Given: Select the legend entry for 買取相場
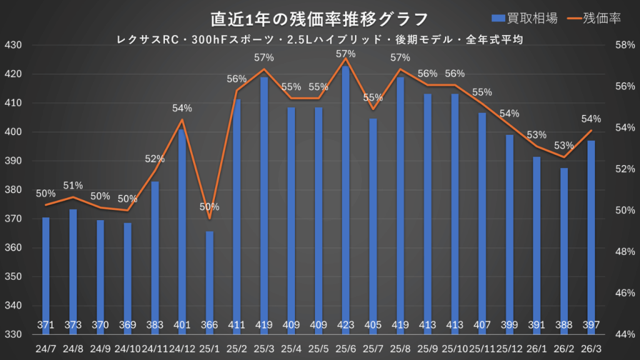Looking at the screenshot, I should tap(524, 18).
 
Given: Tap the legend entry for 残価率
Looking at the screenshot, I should tap(593, 18).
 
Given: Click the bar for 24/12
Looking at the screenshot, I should tap(182, 225).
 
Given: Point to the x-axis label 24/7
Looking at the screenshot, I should tap(46, 346).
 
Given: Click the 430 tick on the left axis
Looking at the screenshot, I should tap(13, 46).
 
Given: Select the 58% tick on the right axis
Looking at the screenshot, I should tap(624, 46).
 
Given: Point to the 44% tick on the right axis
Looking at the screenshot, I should tap(624, 334).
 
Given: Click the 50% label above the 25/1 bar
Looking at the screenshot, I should tap(209, 207).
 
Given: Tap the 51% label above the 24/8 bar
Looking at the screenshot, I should tap(73, 186).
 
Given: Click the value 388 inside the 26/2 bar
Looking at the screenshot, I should tap(564, 325).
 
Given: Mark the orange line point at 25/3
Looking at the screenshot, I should tap(264, 69).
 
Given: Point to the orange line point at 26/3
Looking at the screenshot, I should tap(591, 130).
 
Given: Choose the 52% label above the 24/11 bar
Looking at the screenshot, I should tap(154, 159).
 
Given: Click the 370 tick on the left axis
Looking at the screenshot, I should tap(13, 219).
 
